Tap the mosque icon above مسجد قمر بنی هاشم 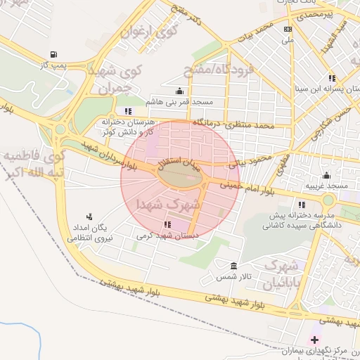(x=180, y=91)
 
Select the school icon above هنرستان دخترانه (x=127, y=111)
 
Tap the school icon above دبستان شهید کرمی (x=167, y=224)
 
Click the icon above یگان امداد (x=89, y=217)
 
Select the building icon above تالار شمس (x=234, y=266)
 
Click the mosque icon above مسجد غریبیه (x=326, y=175)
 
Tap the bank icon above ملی (x=287, y=30)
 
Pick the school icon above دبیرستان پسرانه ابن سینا (x=331, y=78)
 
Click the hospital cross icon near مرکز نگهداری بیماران (x=314, y=340)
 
